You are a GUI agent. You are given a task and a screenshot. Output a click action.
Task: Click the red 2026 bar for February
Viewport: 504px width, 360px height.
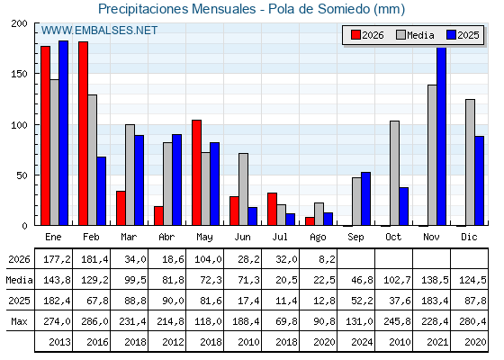pyautogui.click(x=83, y=133)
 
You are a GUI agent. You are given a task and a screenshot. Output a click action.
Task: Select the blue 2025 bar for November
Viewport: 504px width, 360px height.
pyautogui.click(x=442, y=136)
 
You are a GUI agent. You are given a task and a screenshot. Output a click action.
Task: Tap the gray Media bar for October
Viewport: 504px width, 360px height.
pyautogui.click(x=395, y=173)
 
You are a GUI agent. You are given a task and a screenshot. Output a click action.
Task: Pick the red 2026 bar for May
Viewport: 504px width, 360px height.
pyautogui.click(x=197, y=173)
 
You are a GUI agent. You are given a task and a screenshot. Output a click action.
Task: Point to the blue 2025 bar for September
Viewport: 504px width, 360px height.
pyautogui.click(x=365, y=199)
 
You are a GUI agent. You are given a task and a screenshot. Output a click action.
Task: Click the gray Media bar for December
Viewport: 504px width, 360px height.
pyautogui.click(x=470, y=162)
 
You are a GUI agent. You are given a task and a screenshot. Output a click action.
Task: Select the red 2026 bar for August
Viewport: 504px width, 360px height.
pyautogui.click(x=310, y=221)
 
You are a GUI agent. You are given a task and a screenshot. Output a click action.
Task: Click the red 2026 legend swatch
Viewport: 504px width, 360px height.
pyautogui.click(x=355, y=35)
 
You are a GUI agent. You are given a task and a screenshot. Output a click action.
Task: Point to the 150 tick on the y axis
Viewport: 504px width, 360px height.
pyautogui.click(x=36, y=74)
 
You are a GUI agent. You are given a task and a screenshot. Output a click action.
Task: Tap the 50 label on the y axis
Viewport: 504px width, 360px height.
pyautogui.click(x=22, y=175)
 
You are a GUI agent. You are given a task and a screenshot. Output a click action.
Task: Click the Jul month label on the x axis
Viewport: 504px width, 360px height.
pyautogui.click(x=280, y=237)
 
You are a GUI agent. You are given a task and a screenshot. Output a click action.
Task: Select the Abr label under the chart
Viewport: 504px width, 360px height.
pyautogui.click(x=166, y=237)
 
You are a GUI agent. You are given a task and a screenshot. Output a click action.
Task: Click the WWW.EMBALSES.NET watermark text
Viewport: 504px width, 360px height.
pyautogui.click(x=99, y=31)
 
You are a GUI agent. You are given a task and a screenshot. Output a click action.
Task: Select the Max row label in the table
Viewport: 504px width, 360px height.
pyautogui.click(x=19, y=321)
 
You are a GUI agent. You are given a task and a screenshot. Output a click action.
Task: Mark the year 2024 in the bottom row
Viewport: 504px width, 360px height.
pyautogui.click(x=362, y=342)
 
